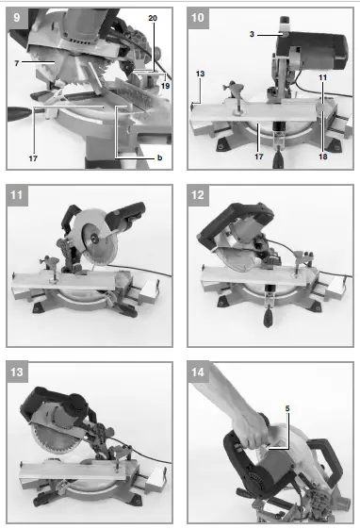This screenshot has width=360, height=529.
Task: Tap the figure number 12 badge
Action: click(x=198, y=194)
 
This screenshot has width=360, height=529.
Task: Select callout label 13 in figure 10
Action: click(x=199, y=72)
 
